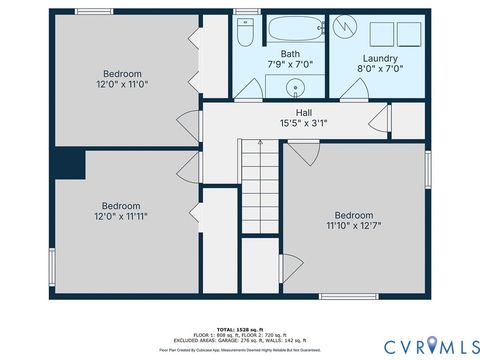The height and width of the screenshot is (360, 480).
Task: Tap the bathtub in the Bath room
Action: [291, 28]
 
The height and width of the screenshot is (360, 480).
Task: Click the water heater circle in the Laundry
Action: [346, 25]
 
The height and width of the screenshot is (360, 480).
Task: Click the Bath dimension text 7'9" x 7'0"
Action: [290, 65]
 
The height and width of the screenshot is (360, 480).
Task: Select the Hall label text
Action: [304, 113]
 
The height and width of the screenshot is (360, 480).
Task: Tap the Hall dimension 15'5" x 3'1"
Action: [304, 124]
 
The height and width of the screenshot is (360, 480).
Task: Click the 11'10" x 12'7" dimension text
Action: [354, 226]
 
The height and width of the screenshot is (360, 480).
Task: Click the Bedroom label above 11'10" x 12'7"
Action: [354, 215]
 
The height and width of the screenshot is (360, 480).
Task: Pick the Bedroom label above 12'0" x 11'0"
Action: [122, 74]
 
